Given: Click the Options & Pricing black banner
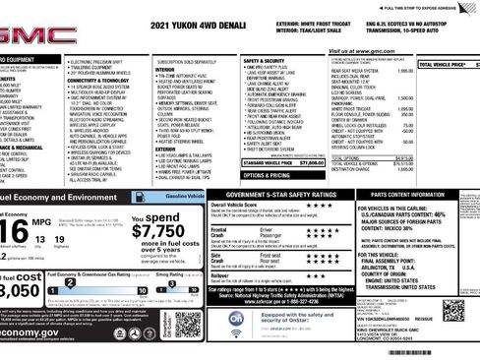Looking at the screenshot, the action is click(268, 175).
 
